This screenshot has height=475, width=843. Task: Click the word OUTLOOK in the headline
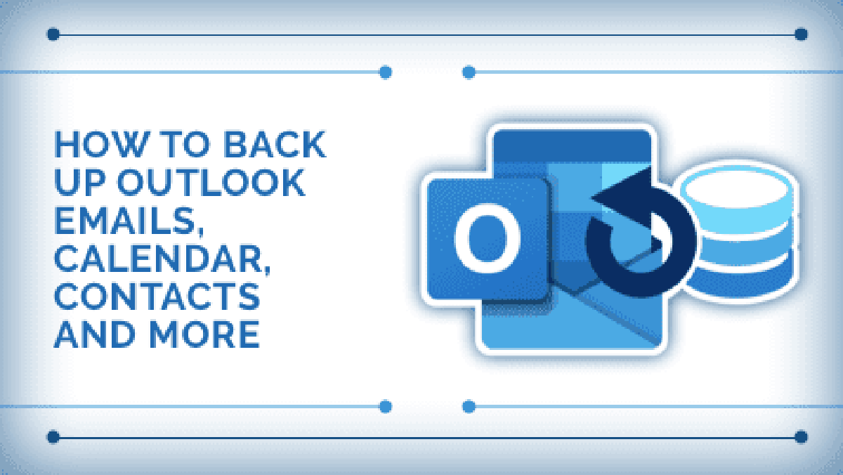(x=211, y=183)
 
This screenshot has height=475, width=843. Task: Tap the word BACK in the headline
(x=275, y=144)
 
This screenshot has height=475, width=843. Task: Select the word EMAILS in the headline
(x=129, y=222)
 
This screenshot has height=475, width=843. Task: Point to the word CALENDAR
(x=162, y=260)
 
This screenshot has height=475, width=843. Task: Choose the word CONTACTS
(x=157, y=297)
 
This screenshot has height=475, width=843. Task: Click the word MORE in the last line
(x=204, y=334)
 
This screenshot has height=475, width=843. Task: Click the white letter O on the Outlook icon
(x=488, y=238)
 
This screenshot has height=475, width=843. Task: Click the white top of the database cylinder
(x=738, y=188)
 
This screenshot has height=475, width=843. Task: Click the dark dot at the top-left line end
(x=53, y=34)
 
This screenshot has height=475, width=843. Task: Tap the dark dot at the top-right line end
(x=801, y=34)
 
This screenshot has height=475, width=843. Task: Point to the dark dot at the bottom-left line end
(x=53, y=437)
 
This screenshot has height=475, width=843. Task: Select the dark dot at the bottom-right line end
(x=801, y=437)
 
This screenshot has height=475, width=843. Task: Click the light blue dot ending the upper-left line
(x=386, y=72)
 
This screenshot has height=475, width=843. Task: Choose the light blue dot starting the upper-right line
(x=469, y=72)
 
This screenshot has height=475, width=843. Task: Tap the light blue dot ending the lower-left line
(x=386, y=407)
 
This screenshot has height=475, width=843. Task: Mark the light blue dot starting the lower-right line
(x=469, y=407)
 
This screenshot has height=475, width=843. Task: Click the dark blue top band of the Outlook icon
(x=572, y=146)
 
